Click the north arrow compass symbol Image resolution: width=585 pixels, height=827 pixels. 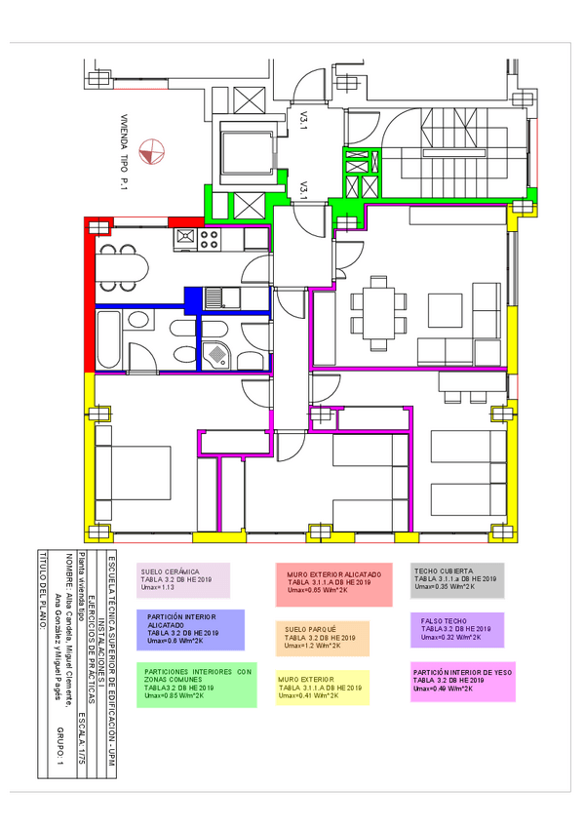[152, 152]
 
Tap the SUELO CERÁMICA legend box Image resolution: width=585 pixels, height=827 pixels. [183, 580]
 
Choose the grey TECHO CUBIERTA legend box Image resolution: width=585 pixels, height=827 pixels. [457, 578]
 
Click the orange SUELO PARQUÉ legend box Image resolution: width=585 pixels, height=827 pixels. [322, 638]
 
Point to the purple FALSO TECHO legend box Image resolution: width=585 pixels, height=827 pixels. [456, 629]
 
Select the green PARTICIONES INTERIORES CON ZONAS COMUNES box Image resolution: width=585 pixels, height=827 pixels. [198, 686]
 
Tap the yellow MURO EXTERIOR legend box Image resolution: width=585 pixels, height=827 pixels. [321, 687]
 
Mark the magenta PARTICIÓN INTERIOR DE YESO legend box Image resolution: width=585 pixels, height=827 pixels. [463, 681]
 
